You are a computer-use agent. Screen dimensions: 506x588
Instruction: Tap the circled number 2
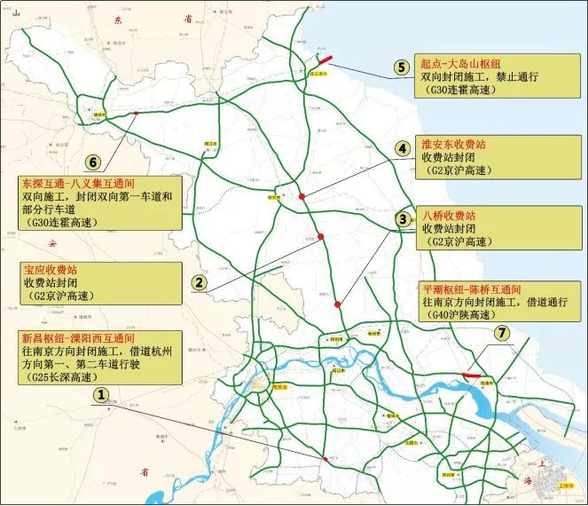coord(200,282)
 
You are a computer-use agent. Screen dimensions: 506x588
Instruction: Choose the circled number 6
coord(92,162)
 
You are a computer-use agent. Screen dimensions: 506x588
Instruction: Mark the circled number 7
coord(503,334)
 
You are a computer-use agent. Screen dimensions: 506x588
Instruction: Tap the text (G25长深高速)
coord(62,377)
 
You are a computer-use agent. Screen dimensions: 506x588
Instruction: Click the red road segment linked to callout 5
coord(321,60)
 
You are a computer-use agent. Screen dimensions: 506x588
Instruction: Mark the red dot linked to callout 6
coord(135,113)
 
